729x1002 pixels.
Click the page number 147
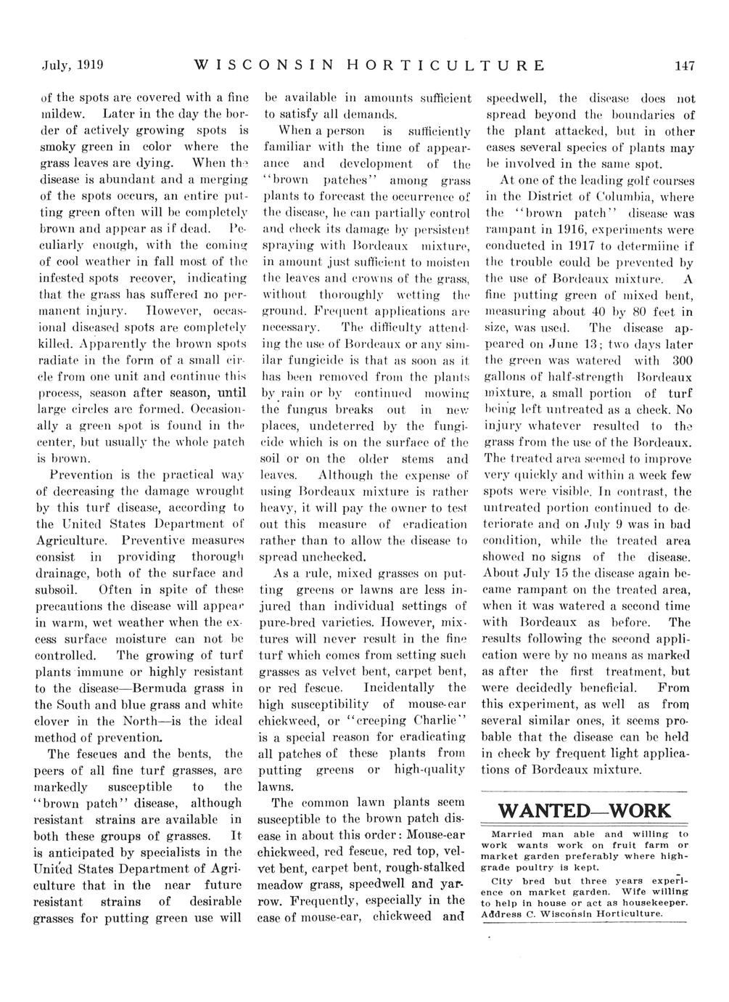tap(684, 65)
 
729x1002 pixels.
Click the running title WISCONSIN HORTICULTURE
tap(371, 65)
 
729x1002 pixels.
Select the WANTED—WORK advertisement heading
tap(585, 810)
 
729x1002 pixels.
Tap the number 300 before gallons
tap(683, 361)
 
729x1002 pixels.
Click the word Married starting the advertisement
tap(511, 834)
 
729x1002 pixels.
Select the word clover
tap(54, 721)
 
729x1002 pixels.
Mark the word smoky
tap(56, 147)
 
